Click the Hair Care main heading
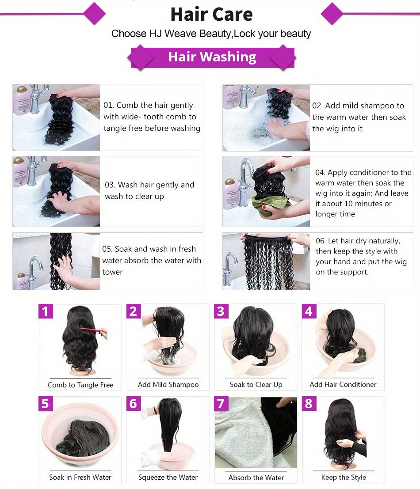pyautogui.click(x=211, y=14)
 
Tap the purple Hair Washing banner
pyautogui.click(x=212, y=57)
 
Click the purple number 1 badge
pyautogui.click(x=45, y=311)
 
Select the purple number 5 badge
pyautogui.click(x=45, y=404)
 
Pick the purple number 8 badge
pyautogui.click(x=308, y=404)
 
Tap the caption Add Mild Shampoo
pyautogui.click(x=168, y=385)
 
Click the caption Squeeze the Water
pyautogui.click(x=168, y=478)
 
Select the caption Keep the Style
pyautogui.click(x=343, y=478)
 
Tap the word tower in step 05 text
pyautogui.click(x=112, y=272)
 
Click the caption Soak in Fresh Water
pyautogui.click(x=80, y=478)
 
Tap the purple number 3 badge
pyautogui.click(x=221, y=311)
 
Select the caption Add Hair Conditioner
pyautogui.click(x=343, y=385)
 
